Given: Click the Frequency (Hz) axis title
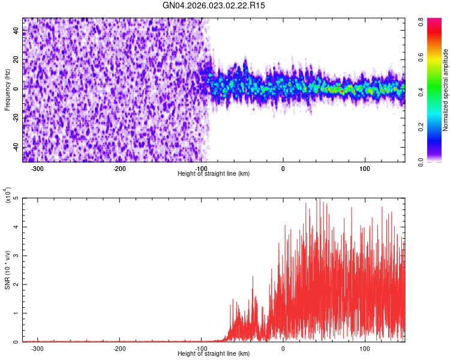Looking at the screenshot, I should point(7,90).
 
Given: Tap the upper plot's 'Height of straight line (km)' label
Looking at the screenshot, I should point(214,173).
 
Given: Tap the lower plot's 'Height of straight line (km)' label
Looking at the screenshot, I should point(214,353).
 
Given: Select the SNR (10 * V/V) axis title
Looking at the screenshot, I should point(7,270).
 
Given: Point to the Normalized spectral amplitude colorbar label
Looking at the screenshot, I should point(446,90).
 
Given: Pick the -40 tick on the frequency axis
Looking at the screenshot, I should point(15,147).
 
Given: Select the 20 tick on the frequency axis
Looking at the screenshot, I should point(16,60).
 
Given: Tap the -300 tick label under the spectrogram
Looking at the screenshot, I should point(38,169).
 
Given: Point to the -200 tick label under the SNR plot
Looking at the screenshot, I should point(119,349).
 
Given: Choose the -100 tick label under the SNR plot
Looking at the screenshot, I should point(201,349).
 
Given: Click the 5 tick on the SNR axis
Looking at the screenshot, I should point(17,198).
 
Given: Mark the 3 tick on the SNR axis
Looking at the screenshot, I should point(17,256).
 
